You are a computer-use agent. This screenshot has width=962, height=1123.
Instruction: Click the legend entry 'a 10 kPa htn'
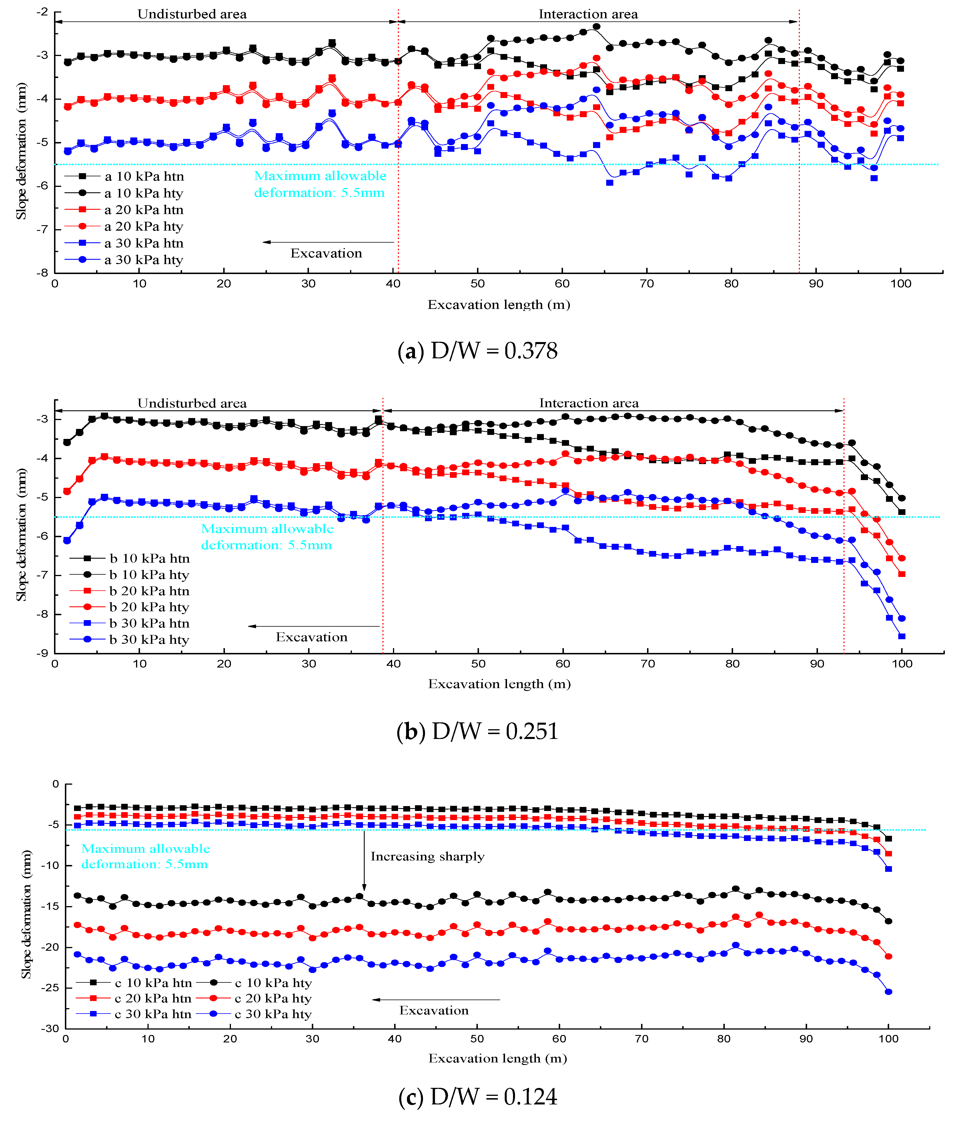(144, 176)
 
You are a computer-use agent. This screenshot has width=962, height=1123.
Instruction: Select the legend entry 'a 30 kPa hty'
(144, 260)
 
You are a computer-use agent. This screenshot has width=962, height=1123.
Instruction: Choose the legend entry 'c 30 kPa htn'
(153, 1014)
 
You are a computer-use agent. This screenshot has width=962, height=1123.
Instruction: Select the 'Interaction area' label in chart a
(588, 14)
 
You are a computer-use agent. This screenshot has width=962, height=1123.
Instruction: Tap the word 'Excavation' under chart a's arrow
(326, 253)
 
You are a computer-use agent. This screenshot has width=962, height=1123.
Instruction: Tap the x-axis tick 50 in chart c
(477, 1038)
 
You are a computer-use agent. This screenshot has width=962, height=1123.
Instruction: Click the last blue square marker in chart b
(902, 636)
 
